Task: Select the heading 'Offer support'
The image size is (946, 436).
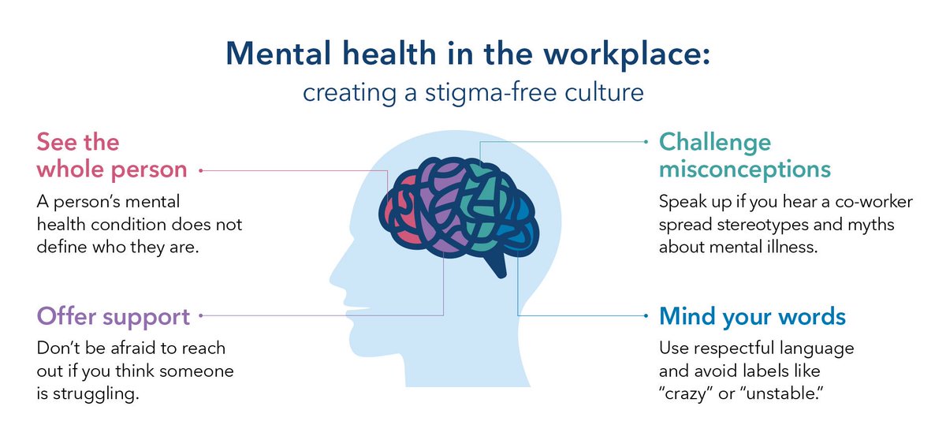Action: [114, 317]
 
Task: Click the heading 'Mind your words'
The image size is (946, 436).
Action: [753, 317]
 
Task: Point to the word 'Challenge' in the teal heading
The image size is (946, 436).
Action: [715, 143]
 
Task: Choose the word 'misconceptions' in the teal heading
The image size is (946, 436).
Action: [745, 170]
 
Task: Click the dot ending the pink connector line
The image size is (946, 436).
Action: [202, 170]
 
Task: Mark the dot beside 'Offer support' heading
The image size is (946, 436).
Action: [202, 315]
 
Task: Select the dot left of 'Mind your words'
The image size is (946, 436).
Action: [646, 315]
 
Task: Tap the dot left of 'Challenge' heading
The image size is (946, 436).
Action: [646, 143]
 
